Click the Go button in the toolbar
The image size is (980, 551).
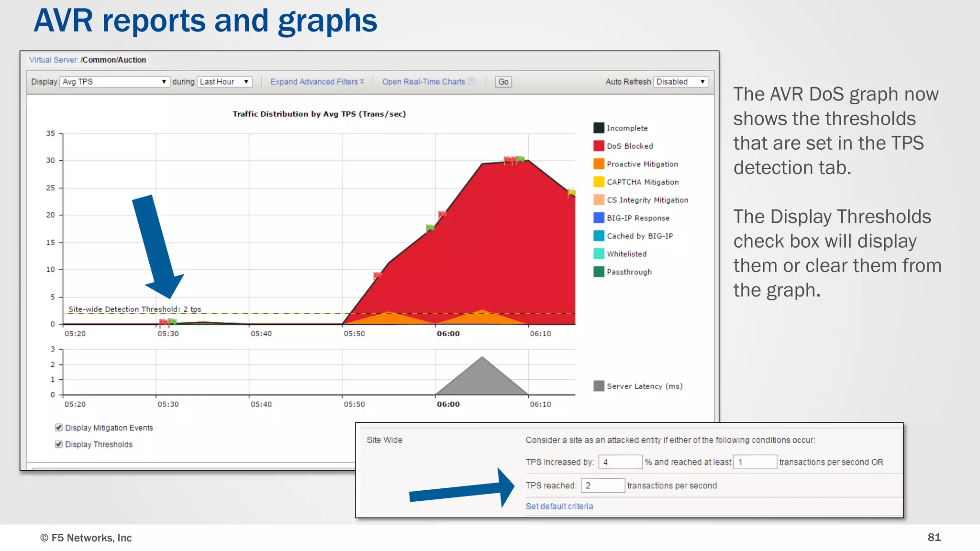coord(503,82)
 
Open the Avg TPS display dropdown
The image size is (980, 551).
coord(114,82)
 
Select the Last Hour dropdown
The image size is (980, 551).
coord(224,82)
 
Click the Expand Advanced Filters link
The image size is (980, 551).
coord(317,82)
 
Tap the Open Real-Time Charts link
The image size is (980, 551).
coord(424,82)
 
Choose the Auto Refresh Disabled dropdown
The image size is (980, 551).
coord(680,82)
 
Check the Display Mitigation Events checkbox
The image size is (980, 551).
coord(59,427)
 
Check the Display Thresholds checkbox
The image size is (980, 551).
coord(59,444)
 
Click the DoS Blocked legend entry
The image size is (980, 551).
coord(629,146)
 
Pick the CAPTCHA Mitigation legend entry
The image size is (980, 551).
coord(642,182)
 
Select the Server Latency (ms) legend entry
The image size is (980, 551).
coord(644,386)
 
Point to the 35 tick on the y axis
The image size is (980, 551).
coord(51,133)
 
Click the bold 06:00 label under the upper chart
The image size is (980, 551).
coord(448,333)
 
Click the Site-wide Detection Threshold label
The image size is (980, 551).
coord(134,309)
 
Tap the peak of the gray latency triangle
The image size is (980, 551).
coord(482,358)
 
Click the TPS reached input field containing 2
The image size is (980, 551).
coord(602,485)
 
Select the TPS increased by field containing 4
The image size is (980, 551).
coord(620,462)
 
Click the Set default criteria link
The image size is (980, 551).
coord(559,506)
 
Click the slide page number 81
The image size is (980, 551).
coord(934,537)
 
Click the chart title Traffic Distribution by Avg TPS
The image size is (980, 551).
coord(319,114)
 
